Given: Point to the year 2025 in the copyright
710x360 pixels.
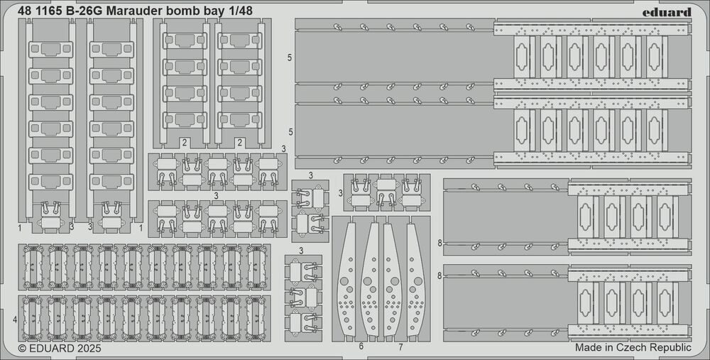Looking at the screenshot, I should click(86, 349).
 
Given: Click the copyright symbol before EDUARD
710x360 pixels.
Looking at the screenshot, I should click(21, 349).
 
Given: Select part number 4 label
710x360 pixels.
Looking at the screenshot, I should click(15, 320).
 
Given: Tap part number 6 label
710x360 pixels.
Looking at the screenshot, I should click(361, 347).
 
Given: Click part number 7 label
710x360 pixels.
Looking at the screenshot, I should click(400, 347).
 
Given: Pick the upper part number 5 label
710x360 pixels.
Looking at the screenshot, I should click(290, 56).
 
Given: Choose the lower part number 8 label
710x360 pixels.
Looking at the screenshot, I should click(440, 276).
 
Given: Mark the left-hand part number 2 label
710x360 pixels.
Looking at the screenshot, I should click(183, 142).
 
